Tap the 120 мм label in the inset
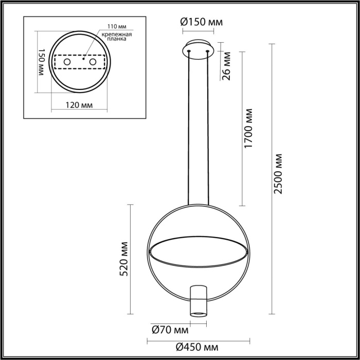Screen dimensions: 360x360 [x=80, y=105]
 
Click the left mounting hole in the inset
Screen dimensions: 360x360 [x=67, y=62]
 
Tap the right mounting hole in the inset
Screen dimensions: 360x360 [x=93, y=62]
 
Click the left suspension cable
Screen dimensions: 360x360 [x=189, y=129]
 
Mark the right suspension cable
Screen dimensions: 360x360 [x=209, y=129]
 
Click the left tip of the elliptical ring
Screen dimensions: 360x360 [x=150, y=251]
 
